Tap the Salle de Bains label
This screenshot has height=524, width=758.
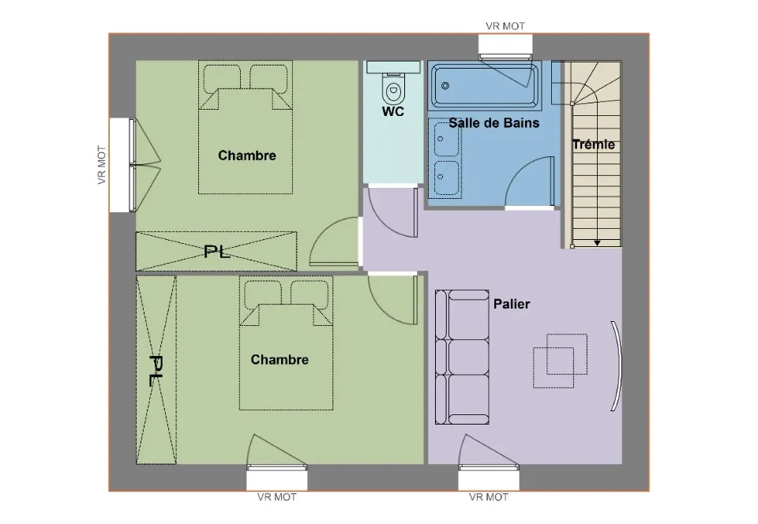click(x=494, y=123)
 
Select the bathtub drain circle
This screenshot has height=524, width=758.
click(x=445, y=86)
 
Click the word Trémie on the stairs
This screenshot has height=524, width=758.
click(x=594, y=144)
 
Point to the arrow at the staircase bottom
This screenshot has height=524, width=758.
click(x=598, y=243)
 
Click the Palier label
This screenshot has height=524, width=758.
click(x=512, y=305)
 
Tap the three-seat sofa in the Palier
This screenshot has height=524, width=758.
click(x=462, y=357)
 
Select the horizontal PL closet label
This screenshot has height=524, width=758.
click(x=217, y=252)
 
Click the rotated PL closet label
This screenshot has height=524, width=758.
click(x=156, y=370)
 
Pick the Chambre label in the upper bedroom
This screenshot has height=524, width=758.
click(x=247, y=155)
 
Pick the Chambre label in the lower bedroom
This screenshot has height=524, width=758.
click(x=280, y=360)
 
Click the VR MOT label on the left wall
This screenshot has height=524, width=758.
click(x=102, y=165)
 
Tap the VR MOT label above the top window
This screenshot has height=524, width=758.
click(x=505, y=26)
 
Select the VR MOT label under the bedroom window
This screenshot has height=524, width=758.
click(x=277, y=497)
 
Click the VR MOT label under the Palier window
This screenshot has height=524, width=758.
click(x=489, y=497)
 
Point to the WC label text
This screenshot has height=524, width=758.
click(x=393, y=111)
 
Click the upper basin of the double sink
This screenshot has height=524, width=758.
click(x=445, y=139)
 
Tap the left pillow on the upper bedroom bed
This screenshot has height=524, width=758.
click(x=222, y=79)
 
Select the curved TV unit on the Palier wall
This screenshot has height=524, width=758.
click(x=617, y=366)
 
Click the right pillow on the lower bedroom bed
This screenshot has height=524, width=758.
click(x=310, y=294)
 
